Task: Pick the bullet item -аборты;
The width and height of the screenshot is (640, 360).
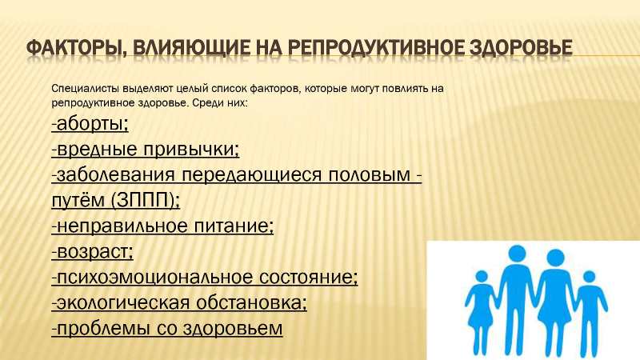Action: point(90,124)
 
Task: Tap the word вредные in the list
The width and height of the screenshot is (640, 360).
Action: point(98,149)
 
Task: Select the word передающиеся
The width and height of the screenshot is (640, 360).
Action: point(252,175)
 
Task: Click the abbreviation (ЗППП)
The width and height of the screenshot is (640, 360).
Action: point(145,201)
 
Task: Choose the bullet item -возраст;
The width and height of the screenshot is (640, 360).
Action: point(93,252)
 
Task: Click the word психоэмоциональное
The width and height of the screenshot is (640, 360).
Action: point(155,278)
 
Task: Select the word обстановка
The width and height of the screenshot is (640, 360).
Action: point(252,303)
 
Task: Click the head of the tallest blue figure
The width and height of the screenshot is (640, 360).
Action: point(517,255)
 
